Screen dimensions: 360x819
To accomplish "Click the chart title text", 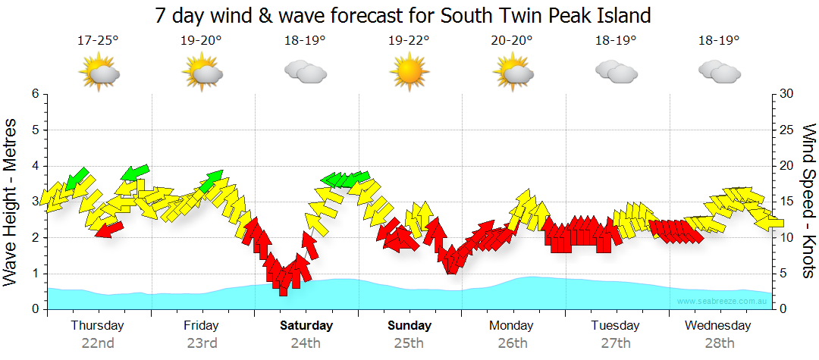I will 403,15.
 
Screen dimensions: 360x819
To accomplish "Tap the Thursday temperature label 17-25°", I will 98,41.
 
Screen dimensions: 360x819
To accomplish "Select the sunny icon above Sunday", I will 409,72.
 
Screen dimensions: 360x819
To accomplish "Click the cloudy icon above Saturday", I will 305,72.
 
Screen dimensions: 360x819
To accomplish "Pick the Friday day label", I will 201,325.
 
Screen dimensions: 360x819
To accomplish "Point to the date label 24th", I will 306,343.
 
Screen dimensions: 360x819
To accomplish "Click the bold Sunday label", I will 409,325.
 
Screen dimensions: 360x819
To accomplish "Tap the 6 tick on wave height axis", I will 35,94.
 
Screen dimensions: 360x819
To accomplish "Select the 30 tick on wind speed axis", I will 787,94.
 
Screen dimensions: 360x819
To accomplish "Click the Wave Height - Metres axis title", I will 11,202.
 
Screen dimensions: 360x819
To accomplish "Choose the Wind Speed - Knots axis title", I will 808,202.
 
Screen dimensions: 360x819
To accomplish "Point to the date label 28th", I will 719,343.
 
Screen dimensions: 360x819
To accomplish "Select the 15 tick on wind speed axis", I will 787,202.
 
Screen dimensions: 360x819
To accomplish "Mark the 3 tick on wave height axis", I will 35,202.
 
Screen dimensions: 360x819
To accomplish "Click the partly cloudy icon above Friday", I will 202,73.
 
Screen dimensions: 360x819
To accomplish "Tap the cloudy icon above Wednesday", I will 719,72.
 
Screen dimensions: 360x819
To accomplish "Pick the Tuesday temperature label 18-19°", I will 616,41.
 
